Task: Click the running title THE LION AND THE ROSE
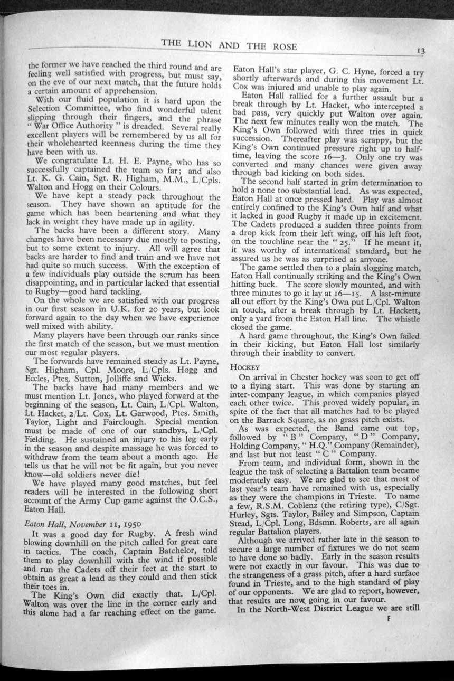tap(229, 46)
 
